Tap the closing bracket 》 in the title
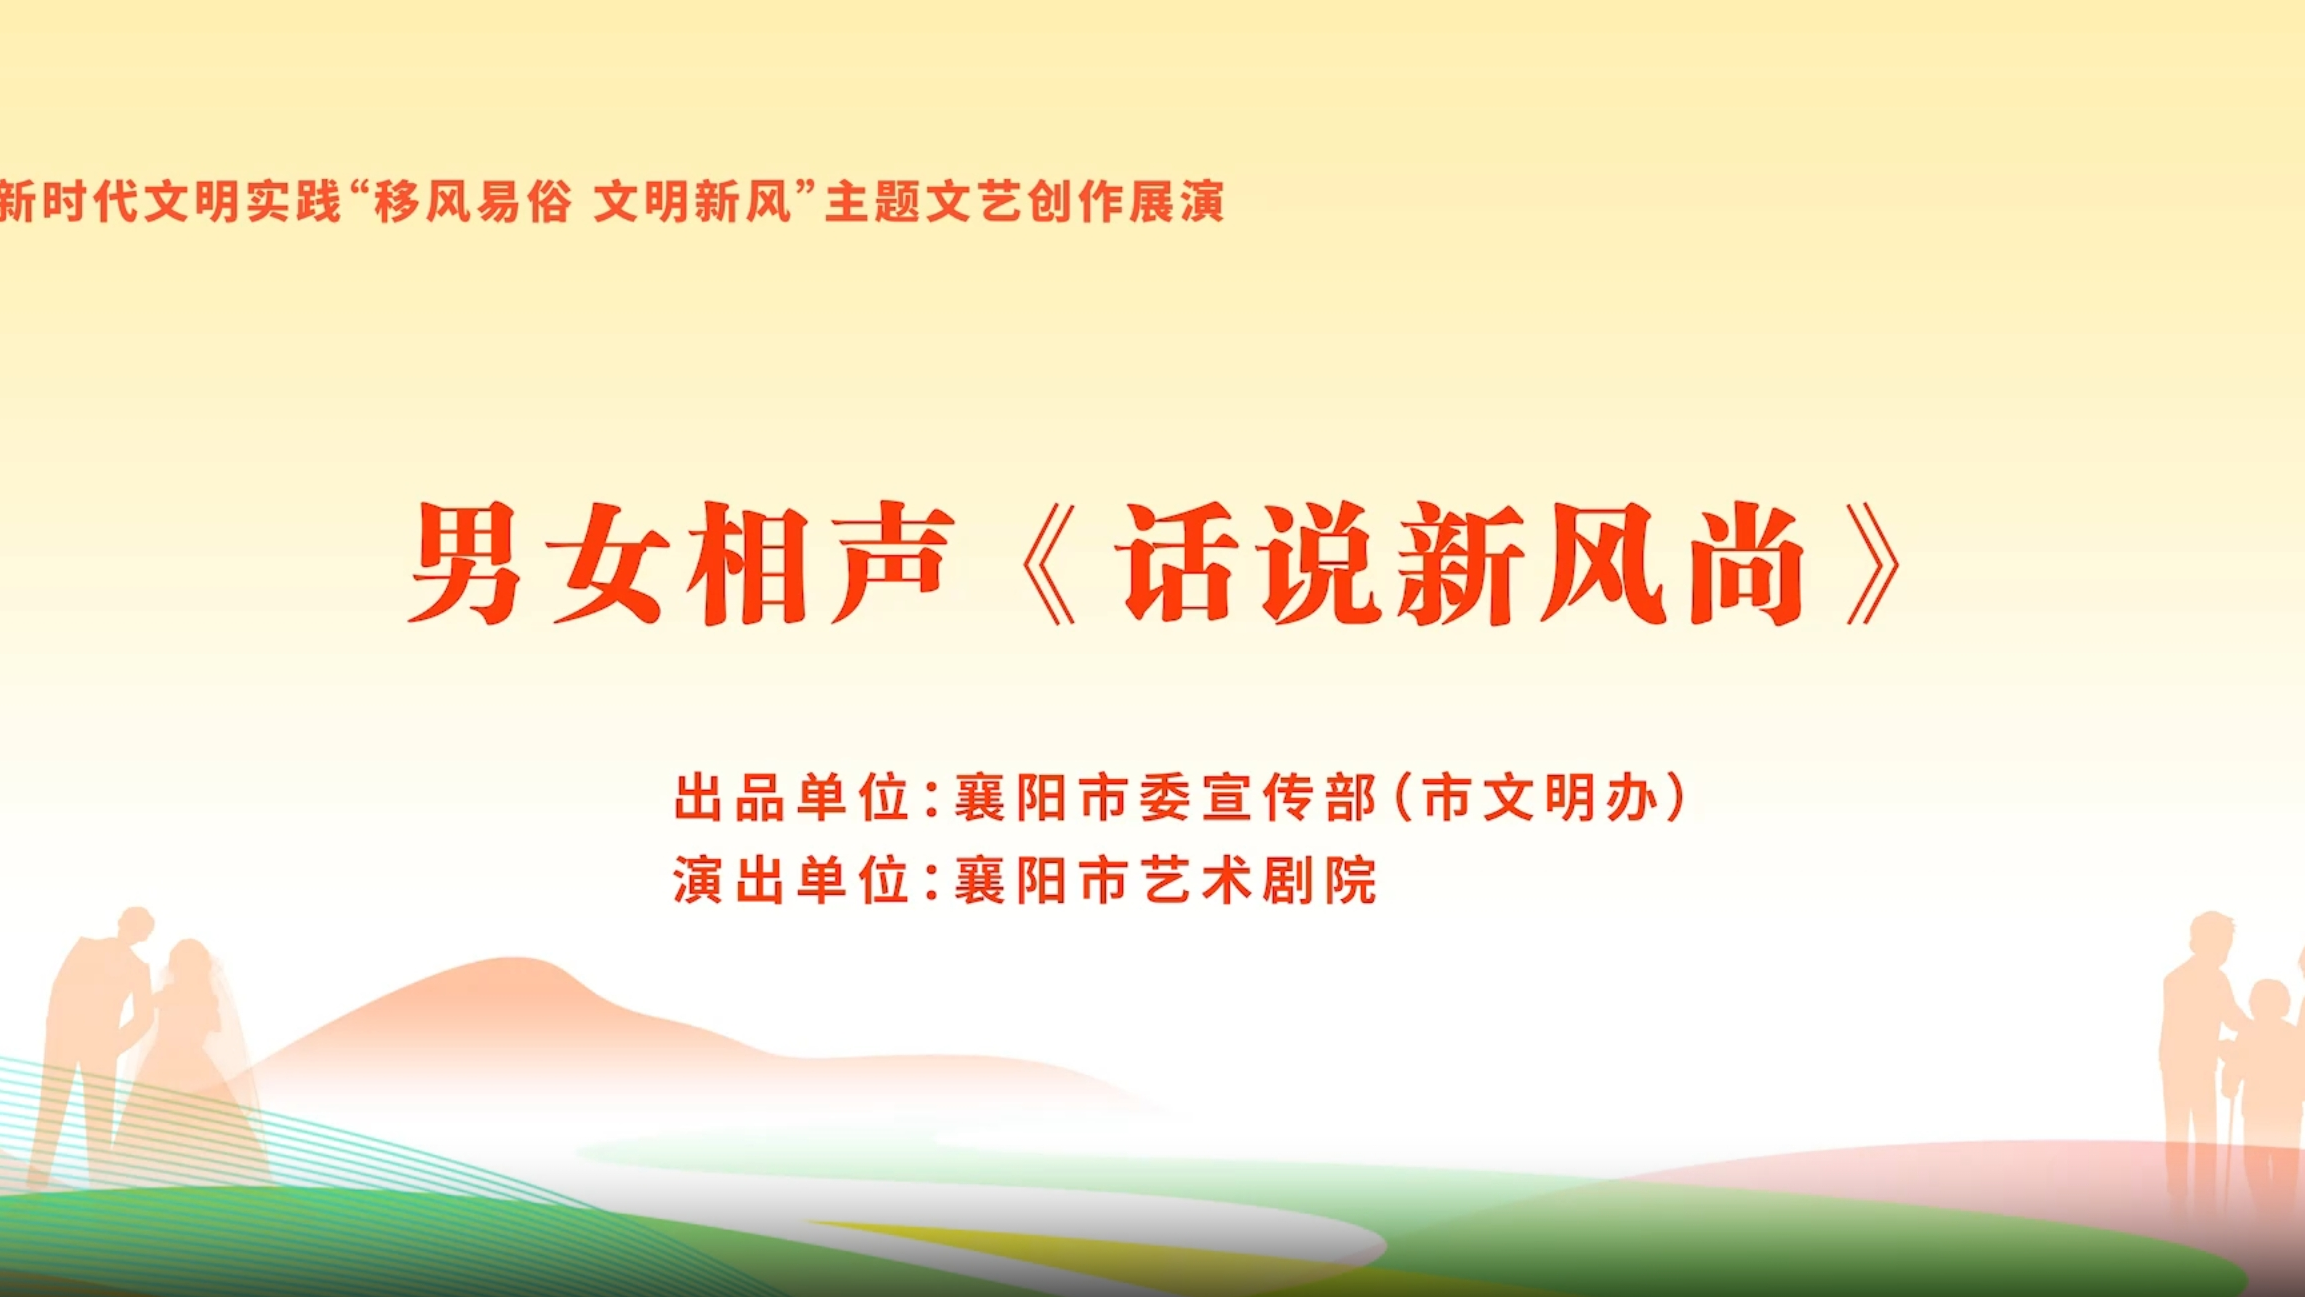click(x=1873, y=564)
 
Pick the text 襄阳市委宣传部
click(x=1166, y=798)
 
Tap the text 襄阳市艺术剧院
click(x=1166, y=880)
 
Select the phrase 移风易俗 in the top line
click(x=473, y=202)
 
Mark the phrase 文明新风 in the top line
click(x=692, y=202)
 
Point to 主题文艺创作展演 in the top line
click(x=1025, y=202)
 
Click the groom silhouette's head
click(x=136, y=924)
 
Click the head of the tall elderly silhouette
click(x=2211, y=934)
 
